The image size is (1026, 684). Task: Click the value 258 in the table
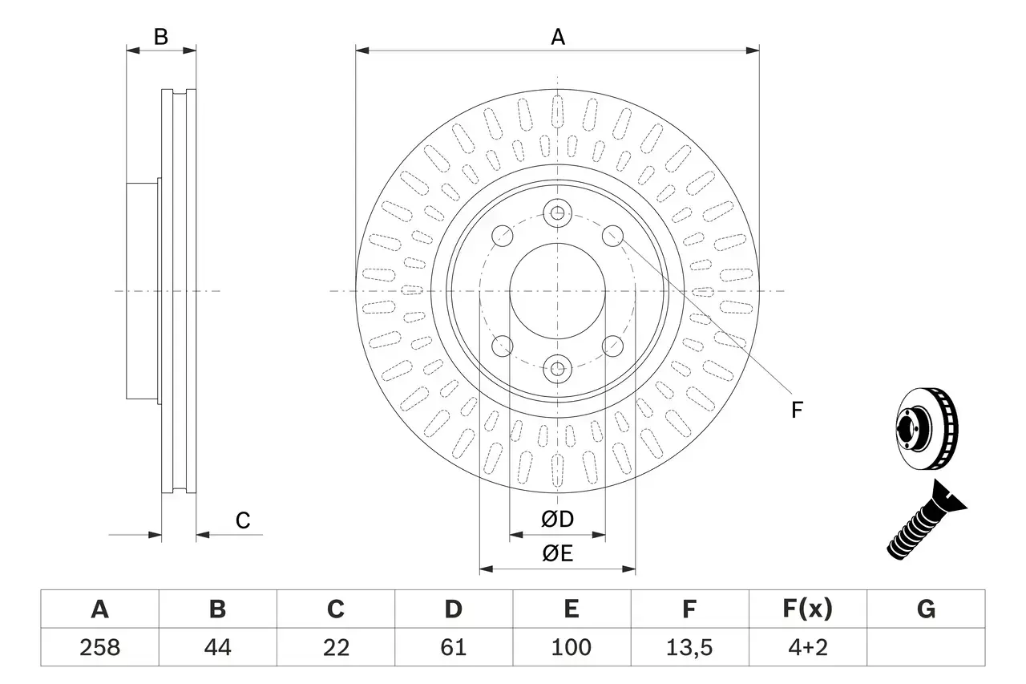pos(99,647)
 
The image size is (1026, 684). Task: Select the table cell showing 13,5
pos(689,647)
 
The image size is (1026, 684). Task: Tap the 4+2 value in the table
pos(807,647)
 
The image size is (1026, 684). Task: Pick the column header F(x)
pos(807,609)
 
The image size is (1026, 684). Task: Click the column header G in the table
pos(926,609)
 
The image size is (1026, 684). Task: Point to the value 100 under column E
pos(571,647)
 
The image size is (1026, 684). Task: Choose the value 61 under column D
pos(453,647)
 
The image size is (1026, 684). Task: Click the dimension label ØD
pos(557,520)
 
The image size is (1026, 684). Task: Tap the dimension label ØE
pos(557,554)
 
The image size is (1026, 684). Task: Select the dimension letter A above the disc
pos(557,37)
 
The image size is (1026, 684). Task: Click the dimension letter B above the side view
pos(161,37)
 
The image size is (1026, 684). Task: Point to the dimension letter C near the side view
pos(242,520)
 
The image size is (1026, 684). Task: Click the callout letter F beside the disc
pos(796,411)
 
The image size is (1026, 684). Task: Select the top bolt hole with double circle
pos(557,213)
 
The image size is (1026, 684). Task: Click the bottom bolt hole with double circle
pos(557,369)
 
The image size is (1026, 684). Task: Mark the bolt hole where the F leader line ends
pos(612,235)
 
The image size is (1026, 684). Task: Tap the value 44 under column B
pos(217,647)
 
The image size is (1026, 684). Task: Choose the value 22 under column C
pos(335,647)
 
